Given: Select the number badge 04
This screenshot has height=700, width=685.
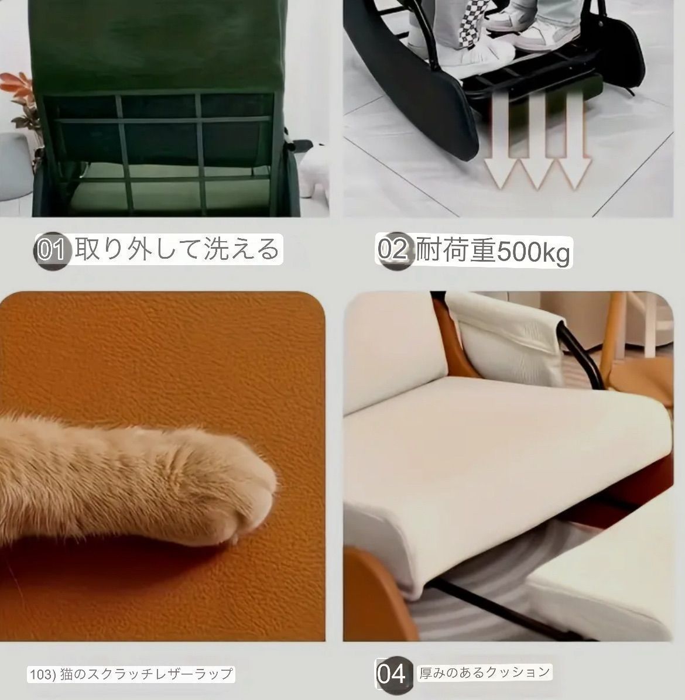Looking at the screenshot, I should tap(391, 674).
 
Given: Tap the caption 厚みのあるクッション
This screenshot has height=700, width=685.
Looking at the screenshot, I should tap(485, 672).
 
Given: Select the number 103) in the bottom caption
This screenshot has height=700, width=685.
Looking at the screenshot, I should tap(41, 674).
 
